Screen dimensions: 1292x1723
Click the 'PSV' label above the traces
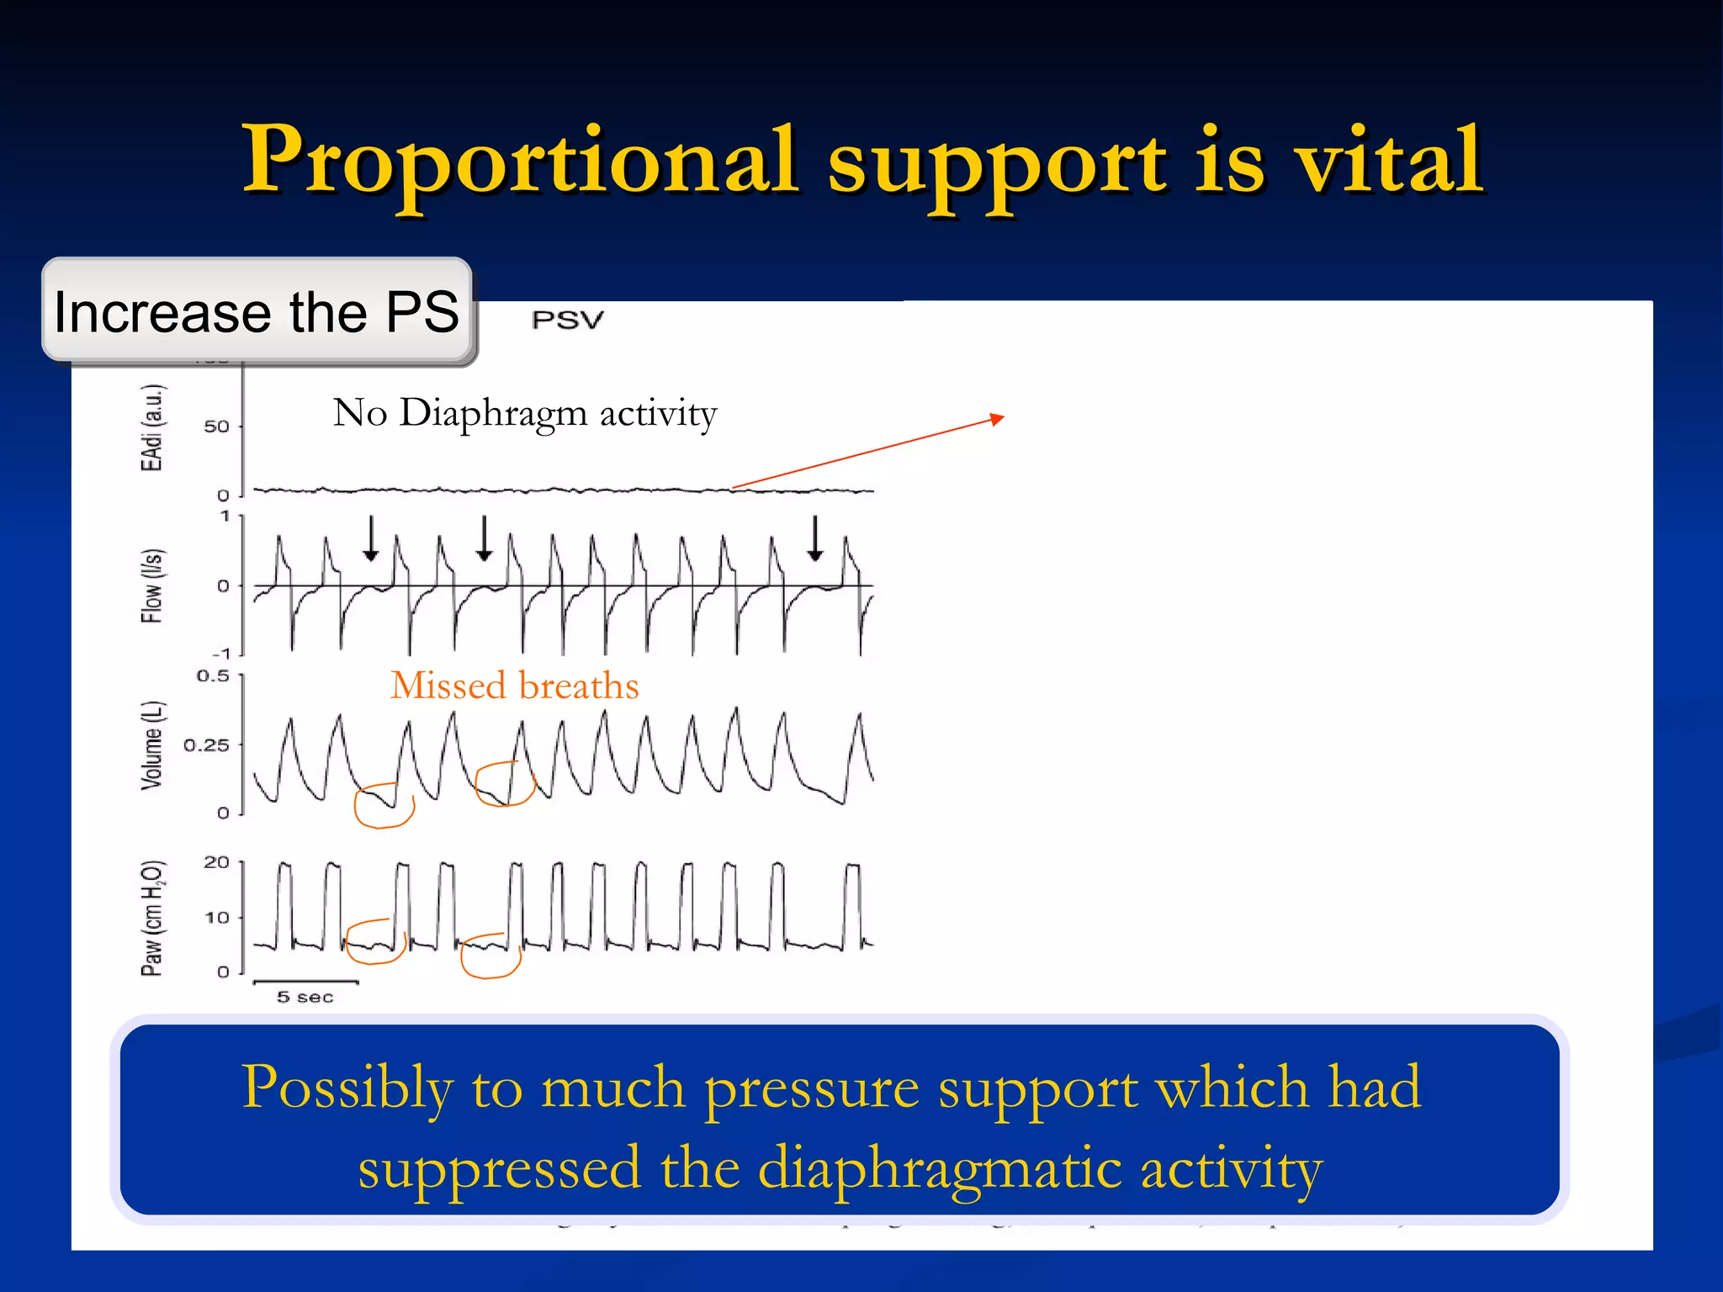[x=568, y=320]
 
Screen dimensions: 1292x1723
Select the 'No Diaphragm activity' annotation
[x=525, y=413]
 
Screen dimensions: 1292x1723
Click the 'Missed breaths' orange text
[x=515, y=686]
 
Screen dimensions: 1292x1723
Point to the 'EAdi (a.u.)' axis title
[x=152, y=427]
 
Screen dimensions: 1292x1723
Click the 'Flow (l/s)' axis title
[x=151, y=585]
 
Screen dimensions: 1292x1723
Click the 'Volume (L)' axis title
[x=151, y=744]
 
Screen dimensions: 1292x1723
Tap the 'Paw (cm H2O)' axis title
[x=152, y=918]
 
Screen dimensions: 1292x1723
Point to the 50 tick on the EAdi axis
[x=216, y=426]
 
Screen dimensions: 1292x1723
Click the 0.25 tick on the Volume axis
[x=206, y=745]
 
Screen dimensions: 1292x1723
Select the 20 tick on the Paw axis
[x=216, y=862]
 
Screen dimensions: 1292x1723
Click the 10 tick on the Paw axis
[x=216, y=918]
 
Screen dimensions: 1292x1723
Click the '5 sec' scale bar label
[x=305, y=998]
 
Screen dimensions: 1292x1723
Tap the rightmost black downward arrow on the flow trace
[x=814, y=539]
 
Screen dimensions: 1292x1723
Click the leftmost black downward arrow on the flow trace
[x=370, y=539]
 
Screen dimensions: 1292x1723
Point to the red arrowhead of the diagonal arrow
[x=999, y=418]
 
